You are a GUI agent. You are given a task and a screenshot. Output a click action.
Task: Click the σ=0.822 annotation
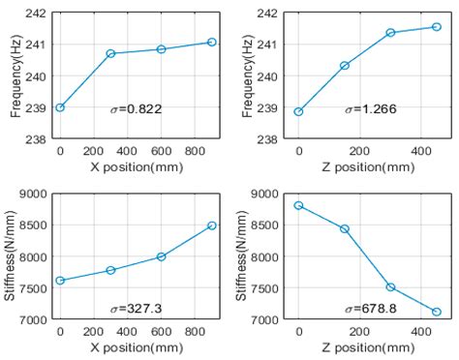(136, 109)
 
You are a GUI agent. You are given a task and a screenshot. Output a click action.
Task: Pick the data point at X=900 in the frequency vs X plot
(211, 42)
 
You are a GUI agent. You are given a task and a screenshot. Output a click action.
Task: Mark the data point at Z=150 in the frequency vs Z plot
(344, 66)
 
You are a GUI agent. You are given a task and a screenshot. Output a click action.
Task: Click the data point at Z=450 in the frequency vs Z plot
(436, 26)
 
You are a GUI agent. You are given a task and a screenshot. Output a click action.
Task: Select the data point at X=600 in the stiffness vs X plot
(161, 256)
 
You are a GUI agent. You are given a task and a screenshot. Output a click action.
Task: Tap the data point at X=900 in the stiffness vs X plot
(211, 225)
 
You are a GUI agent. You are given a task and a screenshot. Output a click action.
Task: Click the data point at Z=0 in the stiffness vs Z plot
(298, 205)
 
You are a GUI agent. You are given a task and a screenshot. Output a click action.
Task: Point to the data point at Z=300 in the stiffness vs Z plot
(390, 287)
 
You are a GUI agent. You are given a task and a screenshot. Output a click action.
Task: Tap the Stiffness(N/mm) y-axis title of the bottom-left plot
(13, 258)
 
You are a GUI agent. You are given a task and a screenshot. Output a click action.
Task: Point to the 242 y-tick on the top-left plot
(36, 14)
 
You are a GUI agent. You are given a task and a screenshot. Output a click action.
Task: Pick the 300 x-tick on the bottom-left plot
(110, 332)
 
